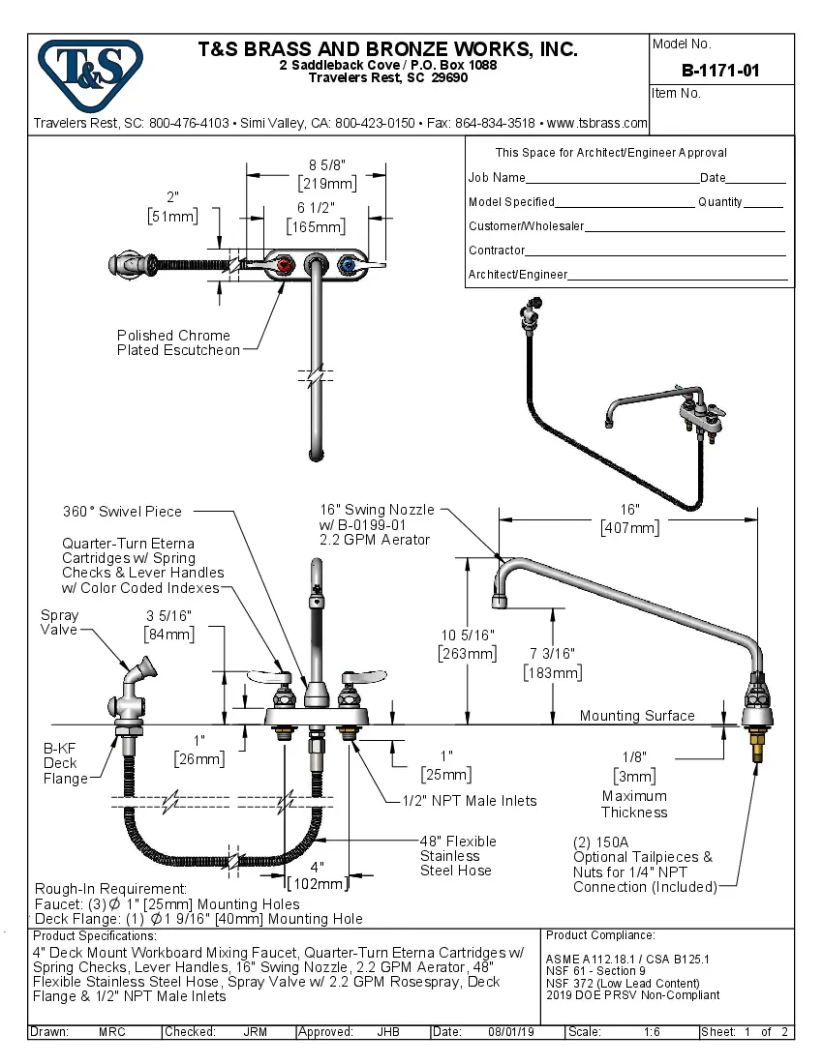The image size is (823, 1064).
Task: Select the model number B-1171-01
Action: point(720,70)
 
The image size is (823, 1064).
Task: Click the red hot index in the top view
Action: point(285,265)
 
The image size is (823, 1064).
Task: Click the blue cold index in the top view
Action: point(346,265)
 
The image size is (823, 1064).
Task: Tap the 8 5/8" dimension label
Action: point(327,165)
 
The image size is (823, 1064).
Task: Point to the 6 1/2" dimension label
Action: point(315,209)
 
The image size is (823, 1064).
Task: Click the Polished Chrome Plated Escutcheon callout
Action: point(178,342)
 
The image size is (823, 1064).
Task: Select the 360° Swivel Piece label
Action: point(122,511)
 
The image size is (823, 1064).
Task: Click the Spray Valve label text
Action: point(59,622)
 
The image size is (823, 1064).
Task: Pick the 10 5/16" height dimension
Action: point(469,635)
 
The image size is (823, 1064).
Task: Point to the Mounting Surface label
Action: point(636,716)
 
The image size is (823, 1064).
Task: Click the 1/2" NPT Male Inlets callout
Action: point(470,800)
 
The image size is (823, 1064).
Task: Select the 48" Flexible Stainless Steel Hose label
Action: point(457,855)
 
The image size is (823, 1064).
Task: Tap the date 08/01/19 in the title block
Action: point(511,1032)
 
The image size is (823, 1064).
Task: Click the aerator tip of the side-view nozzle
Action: point(501,603)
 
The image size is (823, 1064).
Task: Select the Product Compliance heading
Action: point(600,935)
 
